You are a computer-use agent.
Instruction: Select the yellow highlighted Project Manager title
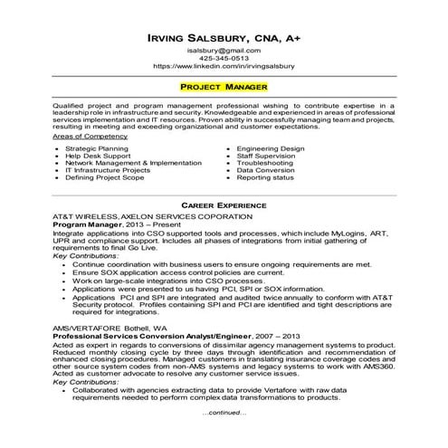click(x=224, y=87)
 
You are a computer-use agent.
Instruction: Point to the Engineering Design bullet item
click(x=272, y=147)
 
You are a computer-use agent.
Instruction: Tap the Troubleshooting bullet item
click(x=265, y=162)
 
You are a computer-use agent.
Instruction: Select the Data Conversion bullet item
click(x=266, y=170)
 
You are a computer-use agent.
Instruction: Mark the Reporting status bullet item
click(x=265, y=177)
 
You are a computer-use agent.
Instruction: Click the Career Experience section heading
click(x=224, y=206)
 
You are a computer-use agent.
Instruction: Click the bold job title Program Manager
click(x=86, y=225)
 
